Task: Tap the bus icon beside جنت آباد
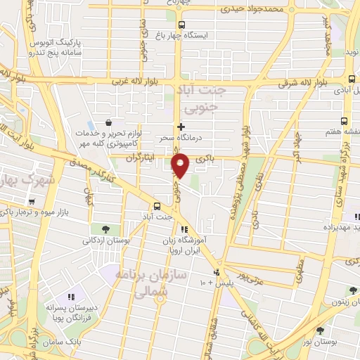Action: pos(156,206)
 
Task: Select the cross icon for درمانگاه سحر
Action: pos(181,127)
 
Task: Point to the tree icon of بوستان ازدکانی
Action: pos(105,229)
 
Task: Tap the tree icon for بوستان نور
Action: pos(321,330)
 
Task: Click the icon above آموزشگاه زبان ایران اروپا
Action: pos(184,229)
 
